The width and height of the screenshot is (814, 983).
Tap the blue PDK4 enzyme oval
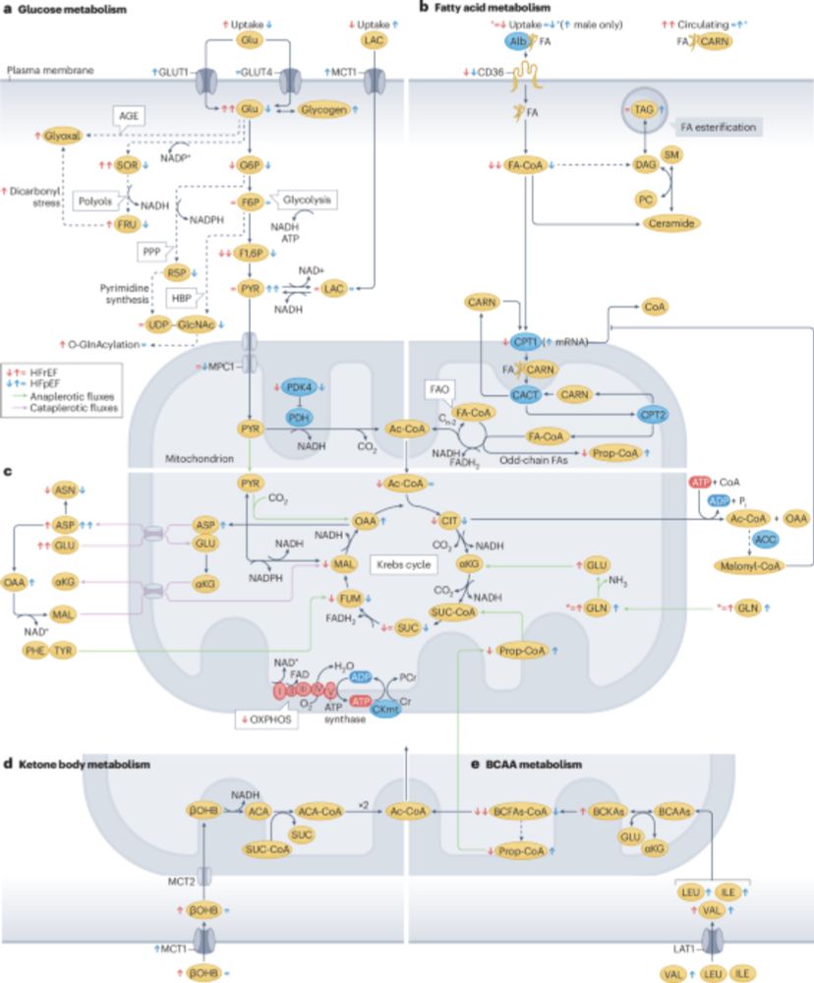(x=298, y=387)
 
